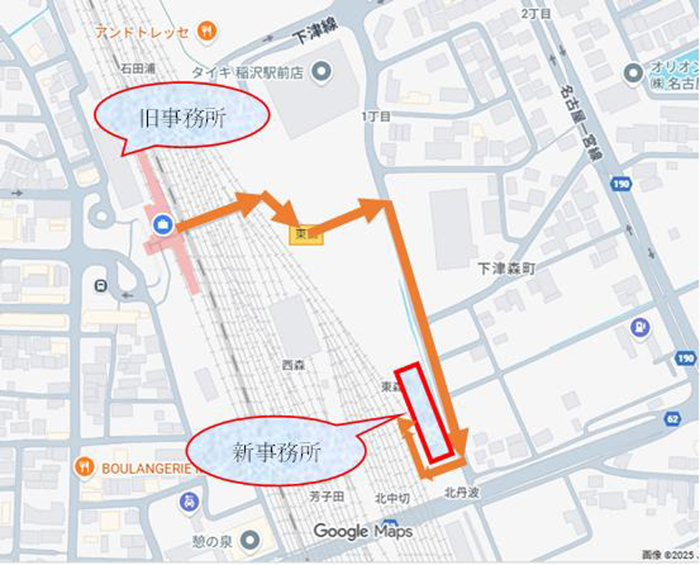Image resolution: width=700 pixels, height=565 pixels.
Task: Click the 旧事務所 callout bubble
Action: click(181, 117)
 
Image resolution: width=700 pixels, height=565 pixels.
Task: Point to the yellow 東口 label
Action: click(306, 235)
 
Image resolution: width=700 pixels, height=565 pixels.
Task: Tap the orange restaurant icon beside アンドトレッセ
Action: click(206, 31)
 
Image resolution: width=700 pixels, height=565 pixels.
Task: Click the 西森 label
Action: click(293, 365)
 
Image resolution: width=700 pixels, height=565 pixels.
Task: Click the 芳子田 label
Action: click(327, 497)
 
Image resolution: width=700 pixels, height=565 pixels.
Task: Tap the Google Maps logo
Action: click(363, 531)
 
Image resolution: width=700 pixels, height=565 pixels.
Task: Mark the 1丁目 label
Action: click(376, 116)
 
